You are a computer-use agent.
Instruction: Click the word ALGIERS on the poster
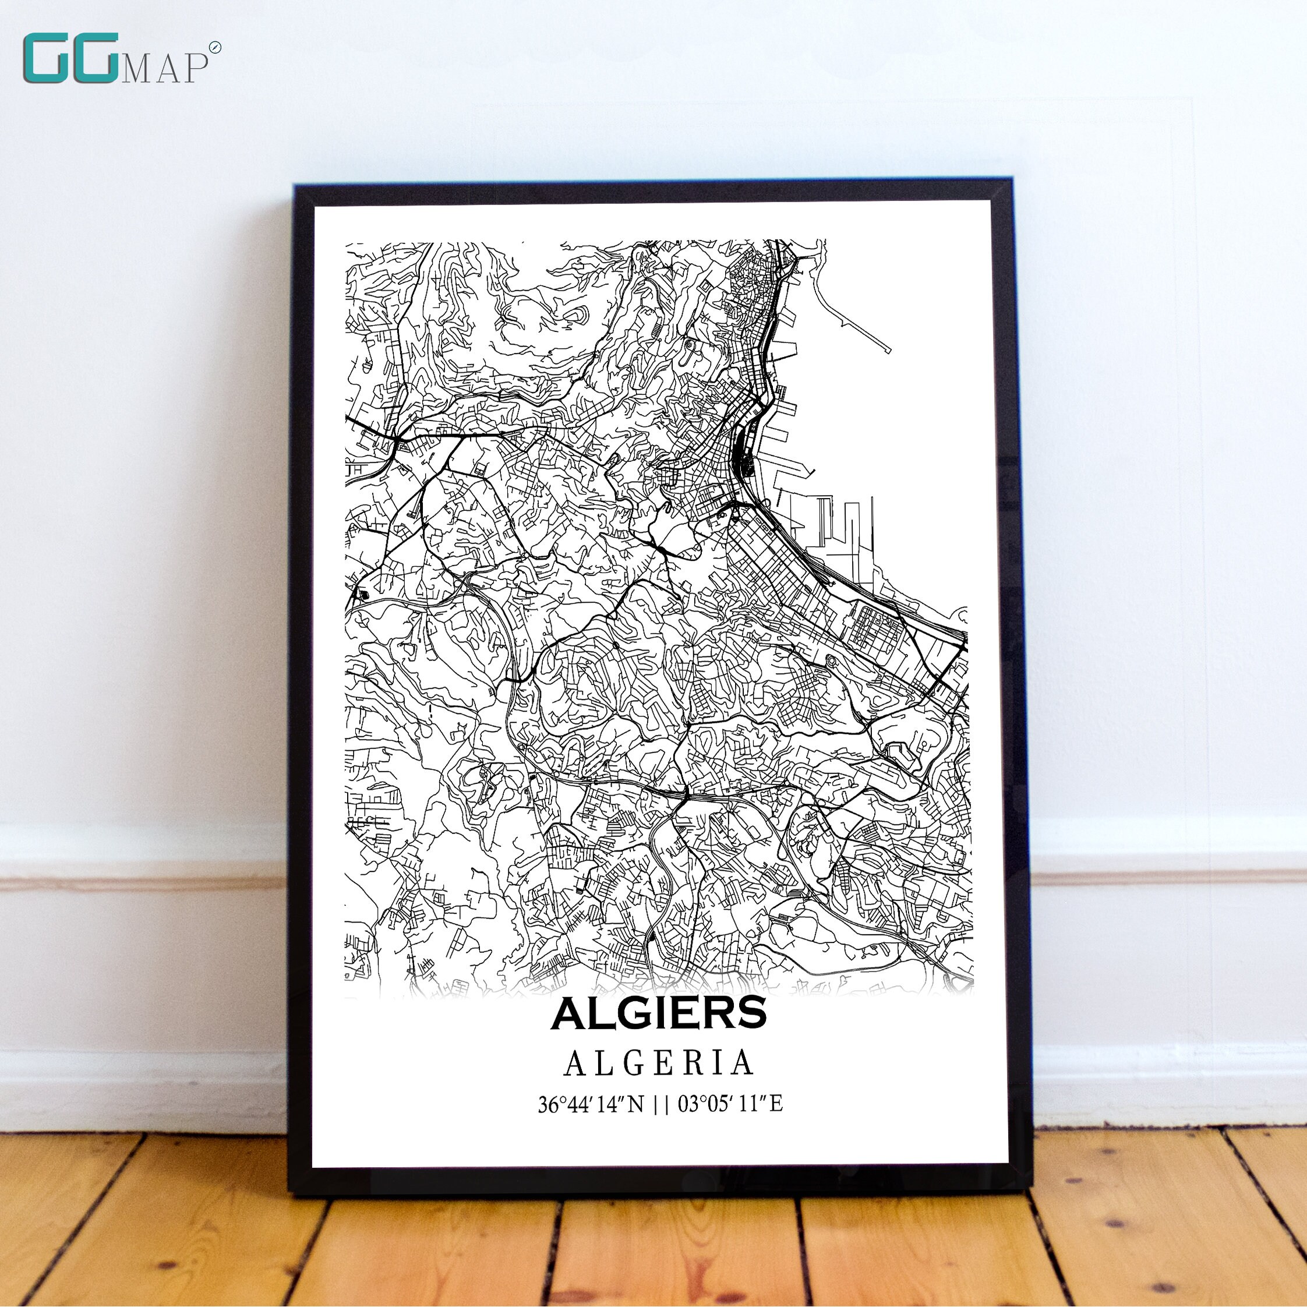tap(659, 1012)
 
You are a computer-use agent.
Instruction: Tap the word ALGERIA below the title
tap(659, 1062)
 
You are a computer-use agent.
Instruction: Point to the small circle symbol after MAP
tap(216, 47)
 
